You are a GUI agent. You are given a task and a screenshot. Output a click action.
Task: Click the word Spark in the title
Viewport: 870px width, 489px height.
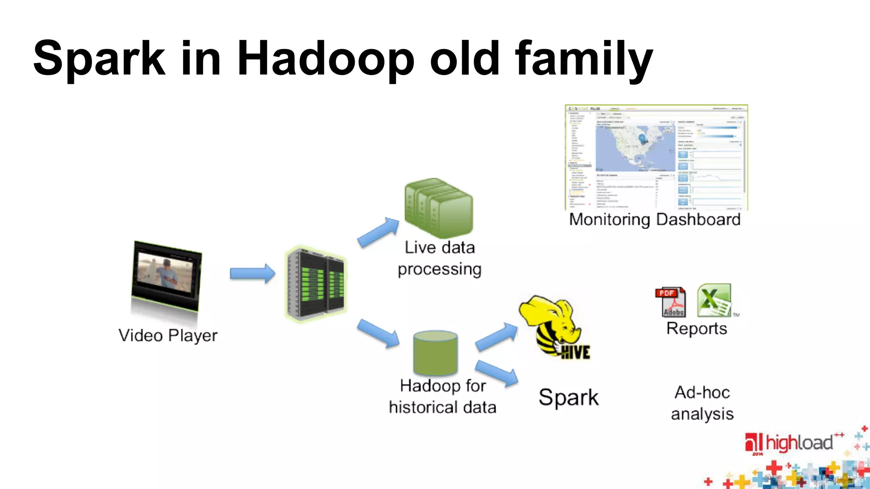(99, 59)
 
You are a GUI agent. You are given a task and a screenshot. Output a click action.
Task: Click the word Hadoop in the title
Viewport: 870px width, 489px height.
(325, 59)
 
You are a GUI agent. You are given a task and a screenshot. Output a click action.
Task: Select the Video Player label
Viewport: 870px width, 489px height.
(168, 335)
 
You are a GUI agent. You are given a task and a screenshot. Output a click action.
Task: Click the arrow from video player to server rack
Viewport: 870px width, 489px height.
(252, 273)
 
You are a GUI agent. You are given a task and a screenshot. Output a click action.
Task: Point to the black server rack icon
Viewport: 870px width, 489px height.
(316, 283)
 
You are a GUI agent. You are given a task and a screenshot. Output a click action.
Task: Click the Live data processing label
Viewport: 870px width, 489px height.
(439, 258)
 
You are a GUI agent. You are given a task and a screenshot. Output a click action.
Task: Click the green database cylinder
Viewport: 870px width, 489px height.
(435, 353)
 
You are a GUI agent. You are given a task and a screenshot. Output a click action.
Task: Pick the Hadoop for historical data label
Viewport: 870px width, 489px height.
(442, 396)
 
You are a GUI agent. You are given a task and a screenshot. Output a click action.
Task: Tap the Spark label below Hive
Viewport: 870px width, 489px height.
(568, 397)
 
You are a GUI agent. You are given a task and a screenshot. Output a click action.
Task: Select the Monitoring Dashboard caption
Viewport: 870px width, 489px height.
(655, 219)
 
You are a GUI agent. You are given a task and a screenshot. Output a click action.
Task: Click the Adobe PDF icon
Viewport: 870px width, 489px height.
(670, 302)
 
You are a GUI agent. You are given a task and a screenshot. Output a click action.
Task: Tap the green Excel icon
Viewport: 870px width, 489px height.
(714, 300)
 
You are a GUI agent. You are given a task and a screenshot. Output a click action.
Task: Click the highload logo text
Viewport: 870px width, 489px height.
(799, 443)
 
